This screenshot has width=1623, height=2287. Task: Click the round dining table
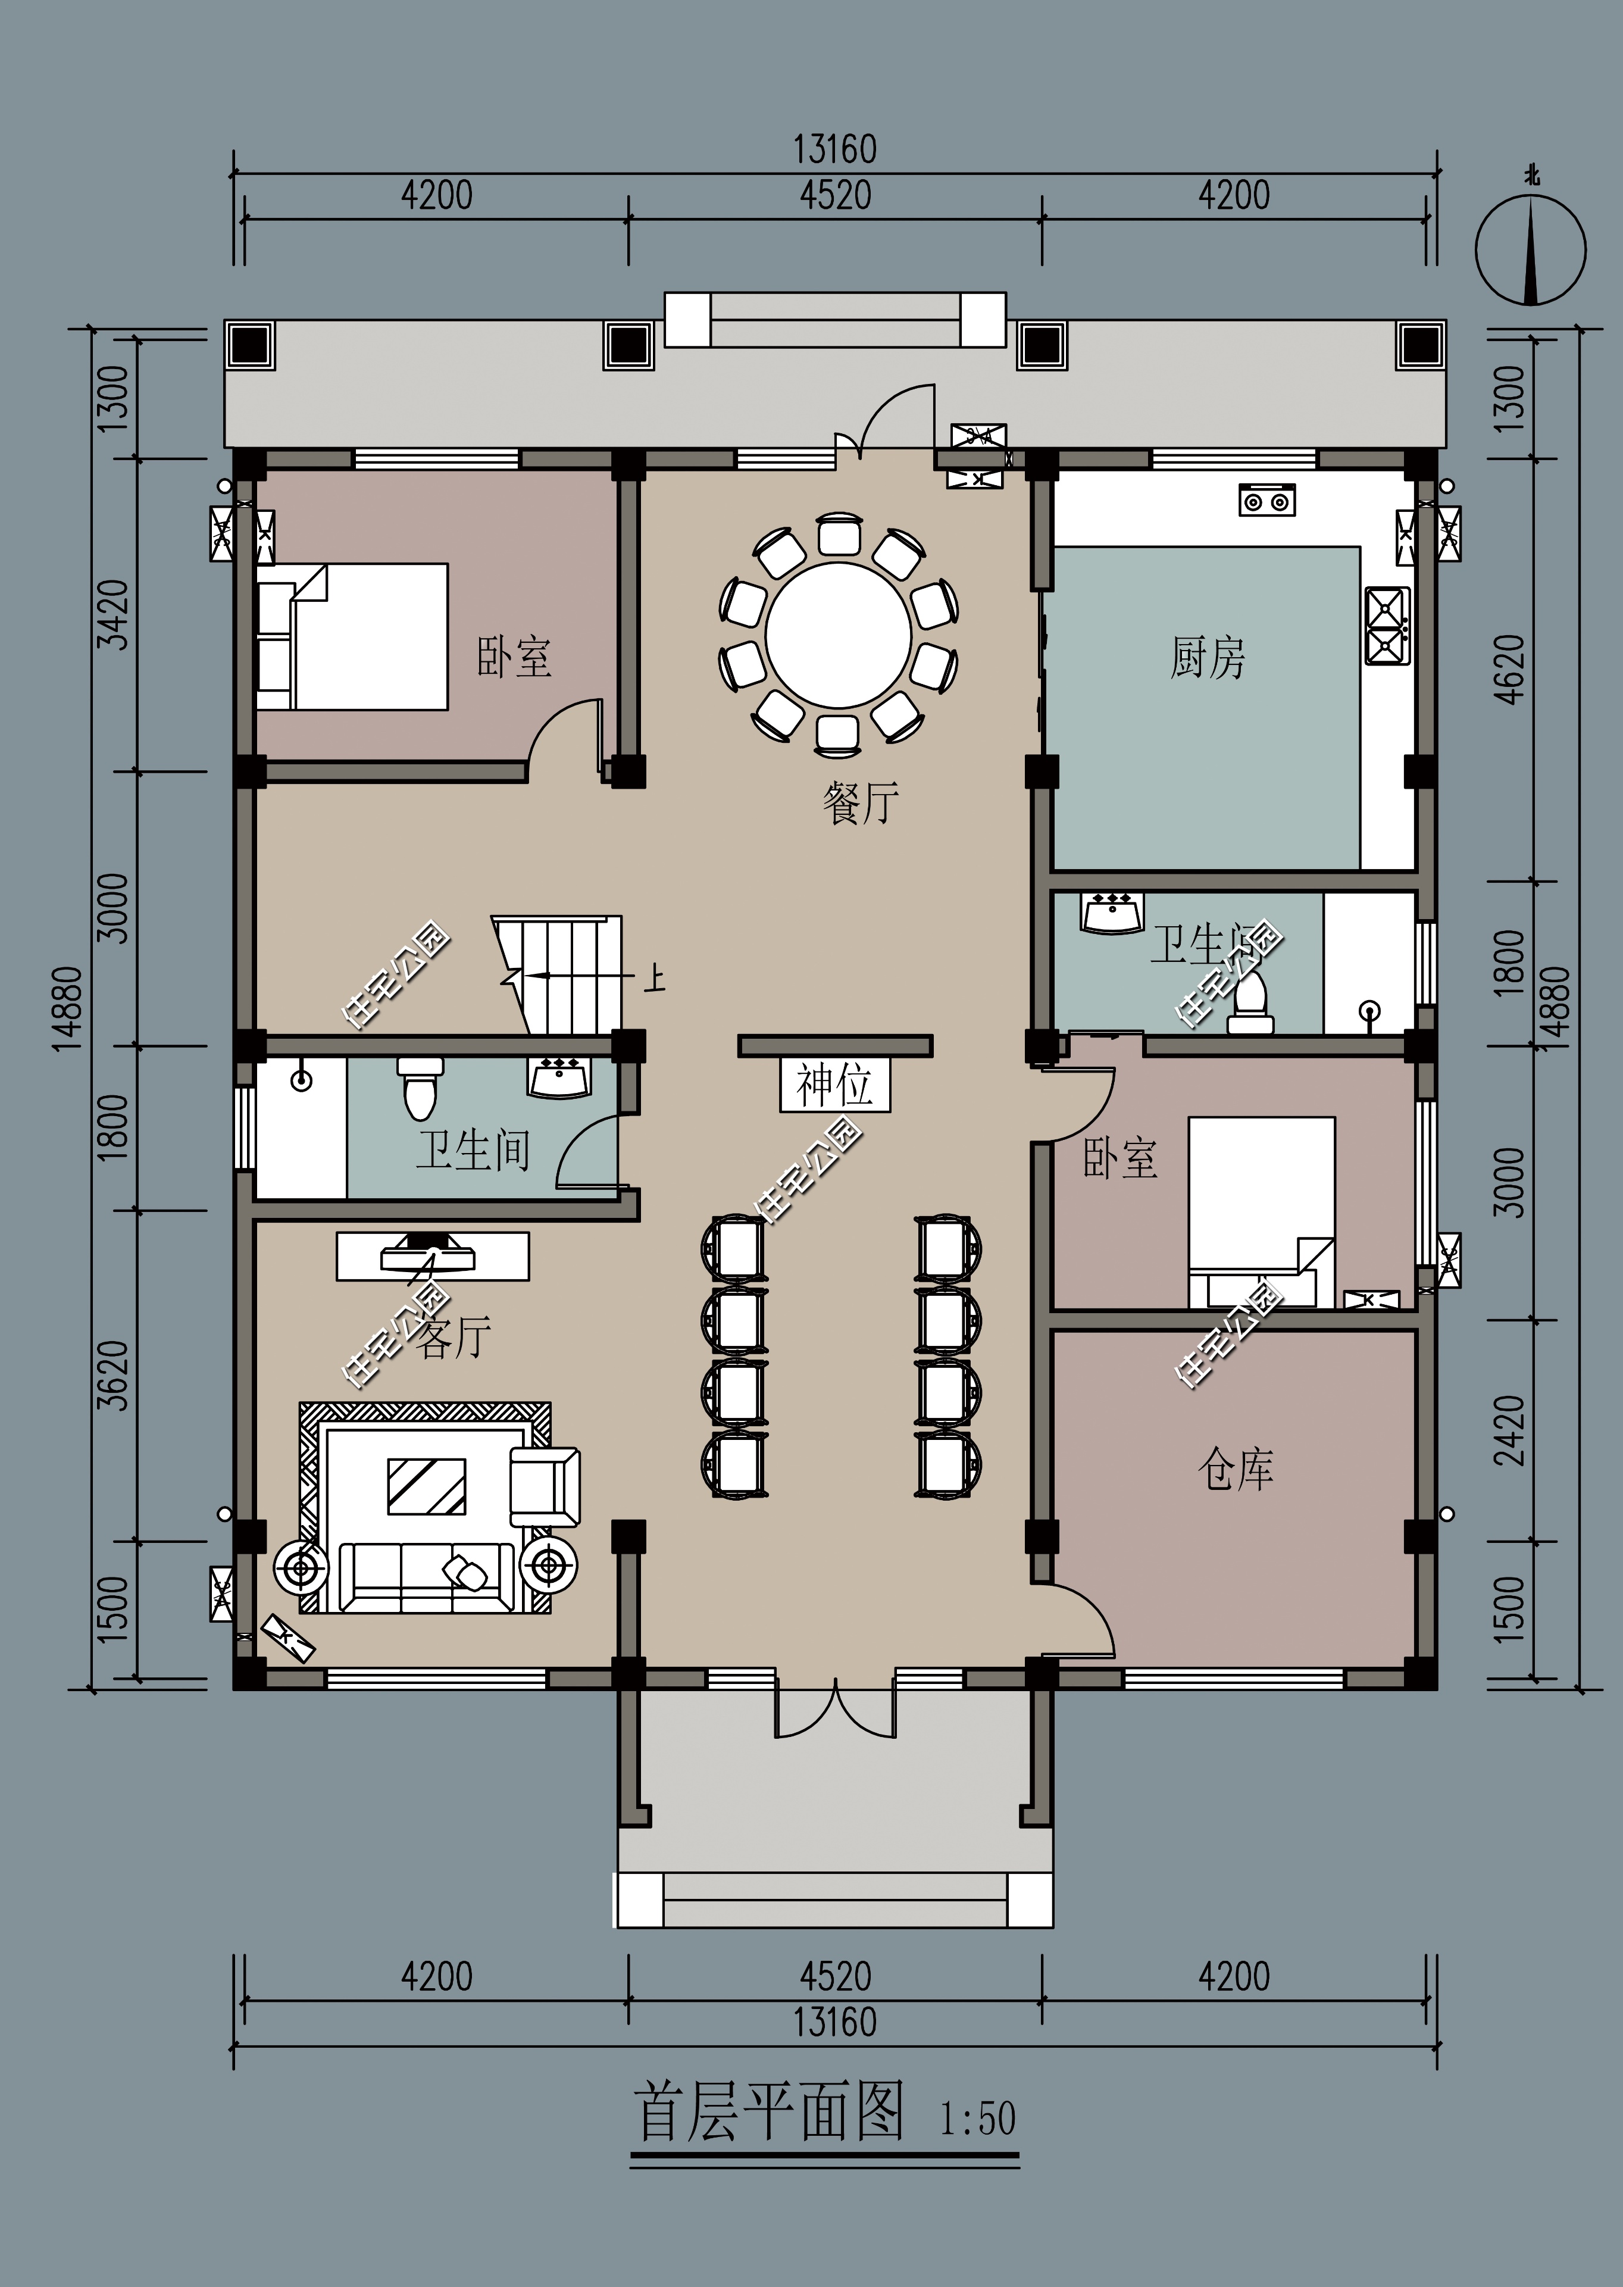tap(839, 636)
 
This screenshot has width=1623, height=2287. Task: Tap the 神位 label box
tap(834, 1085)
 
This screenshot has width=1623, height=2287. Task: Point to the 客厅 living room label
tap(453, 1336)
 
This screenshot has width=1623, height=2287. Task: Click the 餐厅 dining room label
tap(861, 802)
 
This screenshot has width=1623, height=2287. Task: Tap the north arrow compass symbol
tap(1530, 247)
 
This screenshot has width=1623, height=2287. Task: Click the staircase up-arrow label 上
tap(655, 977)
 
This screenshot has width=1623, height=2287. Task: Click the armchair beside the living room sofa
tap(545, 1488)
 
